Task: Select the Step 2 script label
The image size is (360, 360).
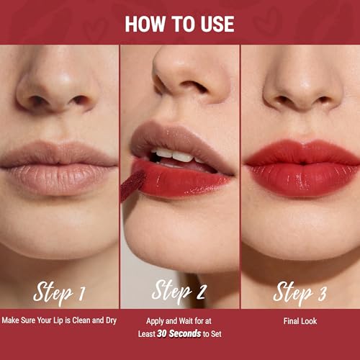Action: [179, 292]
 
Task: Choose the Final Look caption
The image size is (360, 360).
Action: [300, 321]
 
